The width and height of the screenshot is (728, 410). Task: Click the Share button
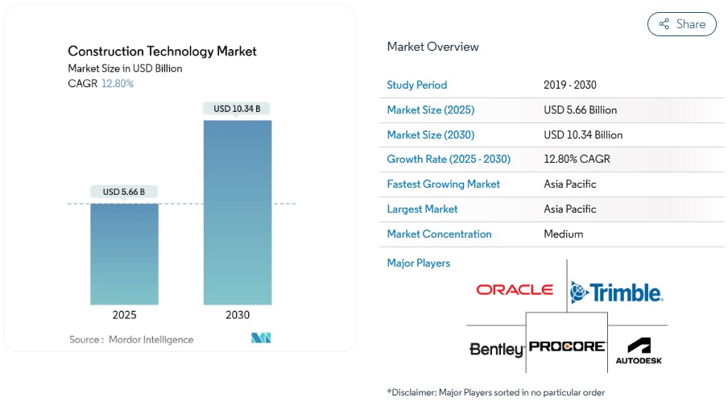(x=681, y=24)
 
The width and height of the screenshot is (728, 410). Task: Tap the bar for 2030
(x=237, y=213)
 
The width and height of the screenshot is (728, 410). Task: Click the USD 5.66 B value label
(x=124, y=192)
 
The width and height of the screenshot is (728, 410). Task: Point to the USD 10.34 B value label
(x=237, y=109)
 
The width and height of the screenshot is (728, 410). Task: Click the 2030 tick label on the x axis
(x=237, y=315)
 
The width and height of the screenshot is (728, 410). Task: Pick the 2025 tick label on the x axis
(x=124, y=315)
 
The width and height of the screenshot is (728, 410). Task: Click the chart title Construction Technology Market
(x=162, y=51)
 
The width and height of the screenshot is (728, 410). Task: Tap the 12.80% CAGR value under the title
(x=118, y=84)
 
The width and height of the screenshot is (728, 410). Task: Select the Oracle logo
(x=515, y=290)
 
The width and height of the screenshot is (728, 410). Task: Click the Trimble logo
(x=616, y=292)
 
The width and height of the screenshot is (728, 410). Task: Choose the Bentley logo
(x=496, y=350)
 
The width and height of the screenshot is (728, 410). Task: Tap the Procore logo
(x=568, y=346)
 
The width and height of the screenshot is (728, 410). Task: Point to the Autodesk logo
(x=639, y=350)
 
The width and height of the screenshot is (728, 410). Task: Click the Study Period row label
(x=416, y=85)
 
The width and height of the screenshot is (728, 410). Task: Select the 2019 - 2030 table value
(x=570, y=85)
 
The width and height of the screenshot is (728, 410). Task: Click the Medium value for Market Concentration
(x=564, y=234)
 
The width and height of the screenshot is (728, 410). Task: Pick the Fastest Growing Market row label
(x=443, y=184)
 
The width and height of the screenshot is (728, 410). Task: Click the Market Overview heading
(x=432, y=47)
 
